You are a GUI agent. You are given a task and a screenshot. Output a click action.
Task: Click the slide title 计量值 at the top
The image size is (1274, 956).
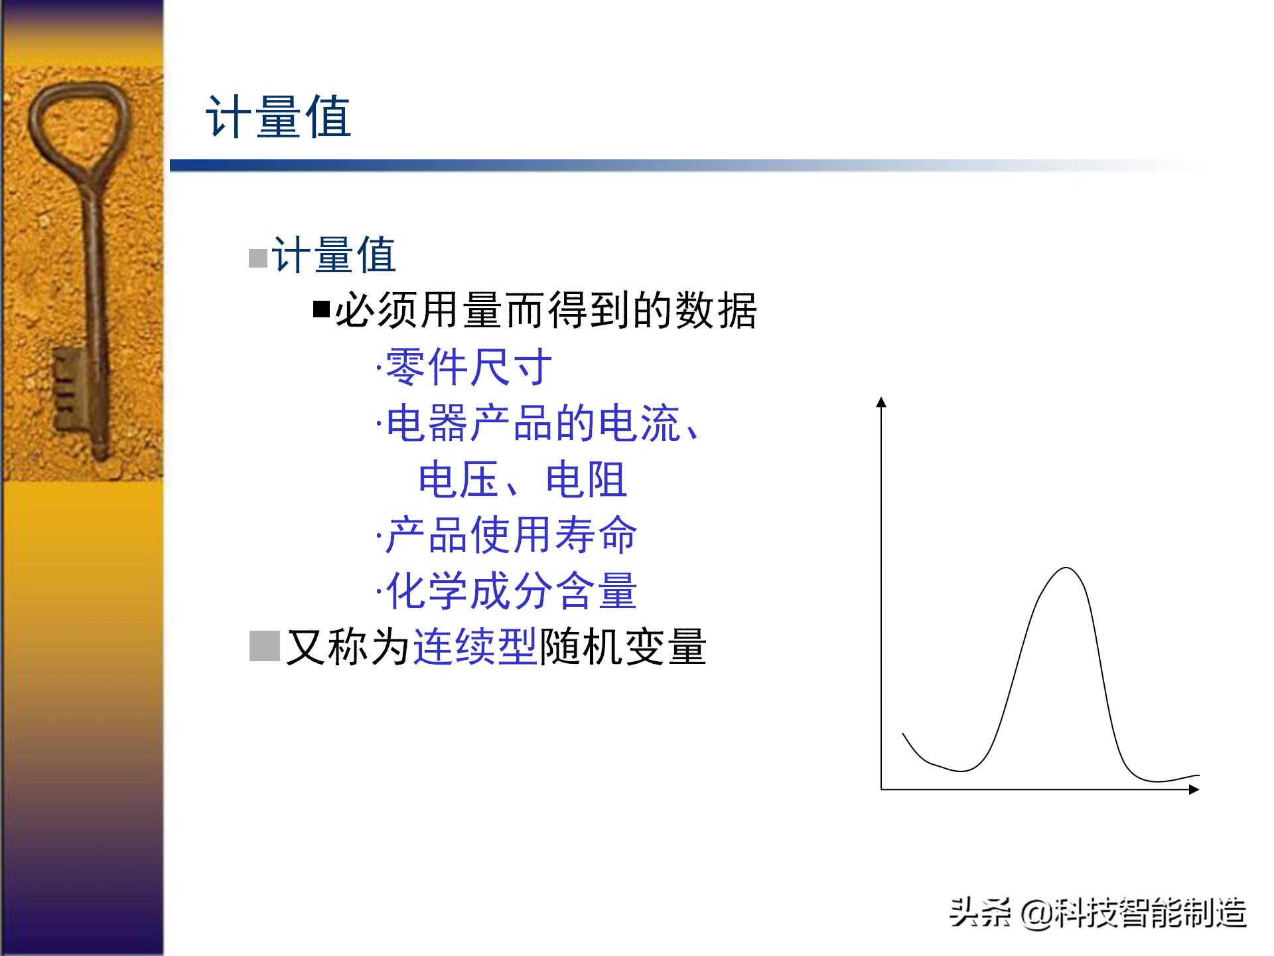(x=279, y=118)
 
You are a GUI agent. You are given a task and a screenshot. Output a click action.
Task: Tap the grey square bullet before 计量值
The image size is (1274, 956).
(x=257, y=258)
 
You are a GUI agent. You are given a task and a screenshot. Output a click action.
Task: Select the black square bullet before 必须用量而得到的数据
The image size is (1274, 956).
(x=321, y=309)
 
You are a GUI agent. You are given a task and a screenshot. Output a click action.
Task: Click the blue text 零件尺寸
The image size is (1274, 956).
(x=468, y=367)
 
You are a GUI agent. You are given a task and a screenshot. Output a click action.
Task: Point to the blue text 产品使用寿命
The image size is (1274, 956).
(x=511, y=534)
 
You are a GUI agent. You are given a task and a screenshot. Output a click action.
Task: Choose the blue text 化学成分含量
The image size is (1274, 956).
(x=511, y=590)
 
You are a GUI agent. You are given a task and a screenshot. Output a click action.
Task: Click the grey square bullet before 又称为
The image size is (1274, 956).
(x=264, y=646)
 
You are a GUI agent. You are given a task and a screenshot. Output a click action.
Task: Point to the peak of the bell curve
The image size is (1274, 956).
(x=1066, y=568)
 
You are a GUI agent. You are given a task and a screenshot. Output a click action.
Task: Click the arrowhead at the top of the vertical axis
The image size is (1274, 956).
(x=881, y=402)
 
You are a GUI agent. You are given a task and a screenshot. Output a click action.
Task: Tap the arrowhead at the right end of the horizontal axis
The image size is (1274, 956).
(x=1194, y=789)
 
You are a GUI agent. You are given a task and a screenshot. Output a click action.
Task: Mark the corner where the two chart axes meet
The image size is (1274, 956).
(x=881, y=789)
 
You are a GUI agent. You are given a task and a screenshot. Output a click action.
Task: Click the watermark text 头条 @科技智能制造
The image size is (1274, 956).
(x=1097, y=912)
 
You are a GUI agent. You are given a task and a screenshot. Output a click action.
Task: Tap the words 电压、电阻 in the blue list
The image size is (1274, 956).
(x=522, y=479)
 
